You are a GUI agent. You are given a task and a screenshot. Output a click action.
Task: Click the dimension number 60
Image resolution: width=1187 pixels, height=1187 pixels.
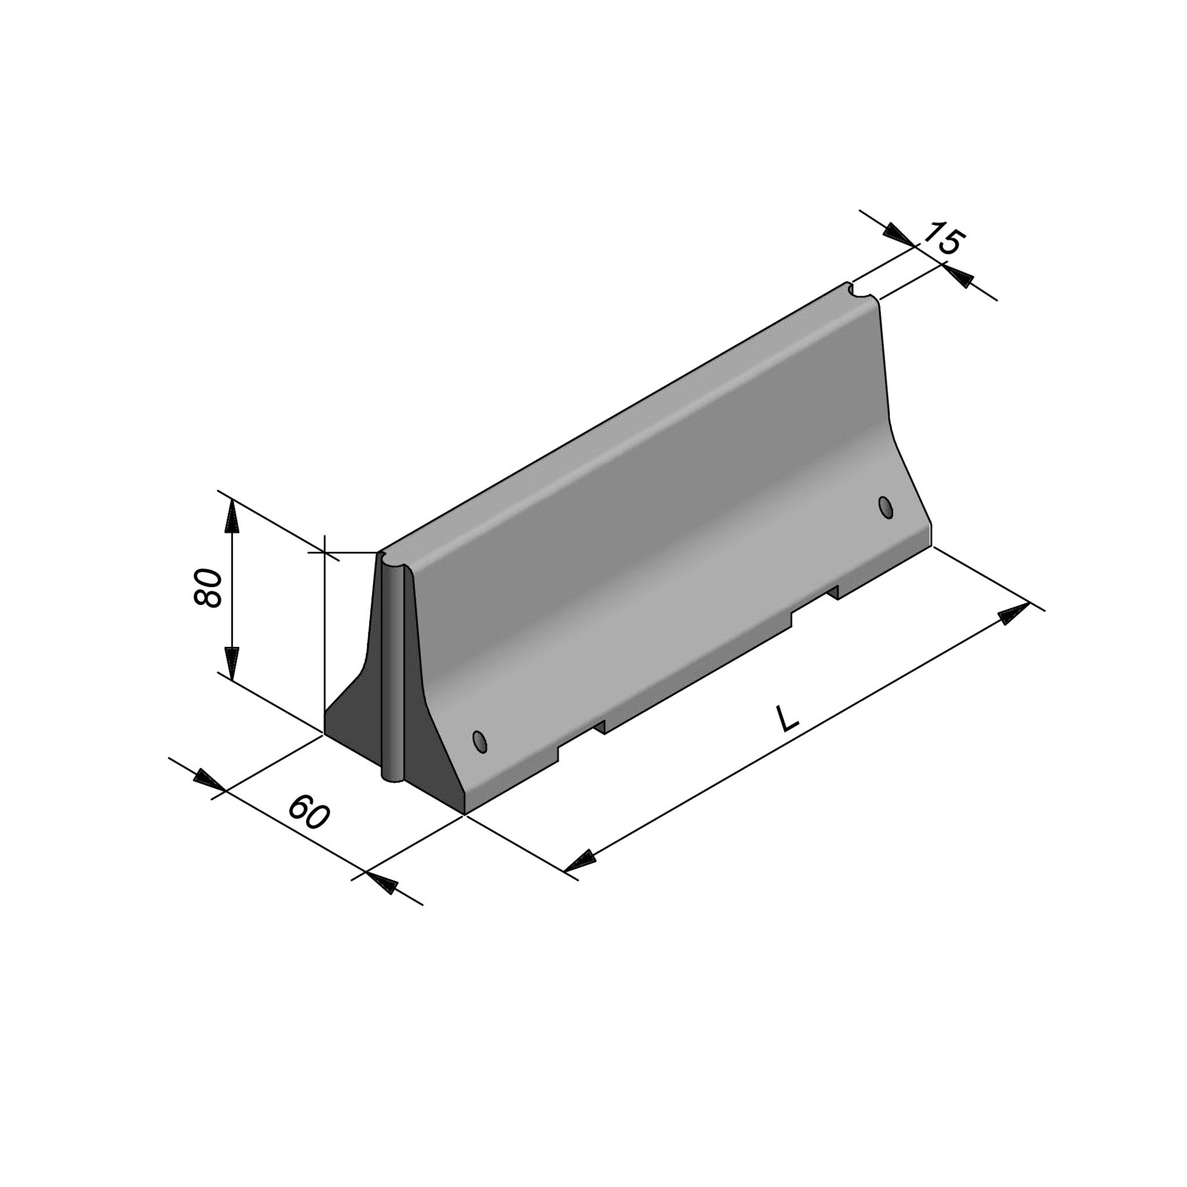[309, 812]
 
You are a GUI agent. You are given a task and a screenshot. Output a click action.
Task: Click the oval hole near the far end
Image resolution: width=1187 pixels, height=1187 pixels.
[886, 508]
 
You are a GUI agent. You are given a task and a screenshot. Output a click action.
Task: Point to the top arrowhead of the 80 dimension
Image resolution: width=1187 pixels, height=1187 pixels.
[231, 516]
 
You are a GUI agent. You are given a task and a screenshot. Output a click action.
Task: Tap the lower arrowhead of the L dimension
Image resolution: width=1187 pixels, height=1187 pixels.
[580, 862]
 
